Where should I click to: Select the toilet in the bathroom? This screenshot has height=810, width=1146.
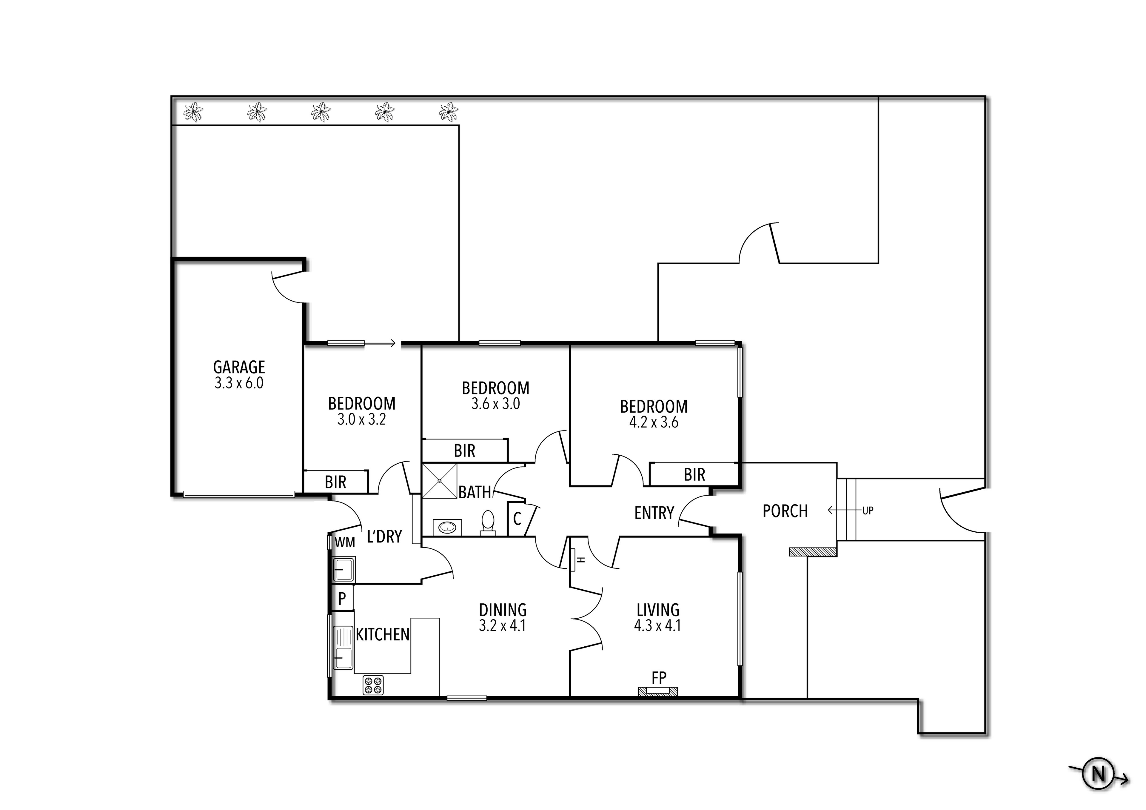[x=488, y=522]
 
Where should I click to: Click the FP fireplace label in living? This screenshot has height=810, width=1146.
[x=659, y=678]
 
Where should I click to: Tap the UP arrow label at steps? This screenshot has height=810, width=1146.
[x=868, y=511]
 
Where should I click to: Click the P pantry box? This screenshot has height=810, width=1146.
[x=342, y=598]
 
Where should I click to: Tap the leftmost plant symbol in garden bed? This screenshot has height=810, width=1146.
[x=193, y=112]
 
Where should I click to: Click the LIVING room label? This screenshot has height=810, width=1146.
[x=658, y=610]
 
